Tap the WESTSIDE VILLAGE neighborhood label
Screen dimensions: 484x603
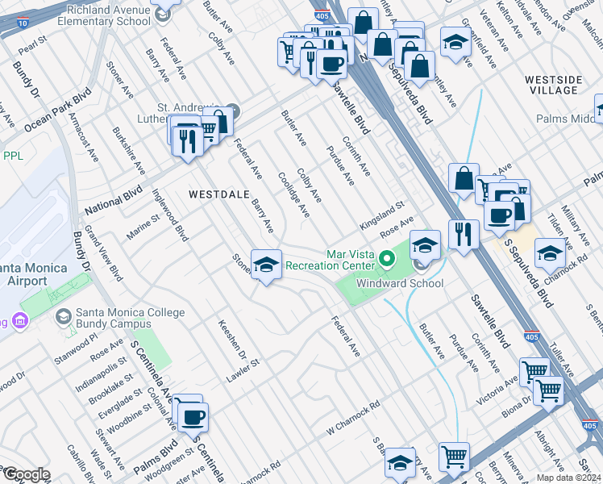553,86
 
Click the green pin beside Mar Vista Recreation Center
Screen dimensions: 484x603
387,259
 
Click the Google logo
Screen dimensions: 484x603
26,474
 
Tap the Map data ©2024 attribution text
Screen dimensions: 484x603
568,478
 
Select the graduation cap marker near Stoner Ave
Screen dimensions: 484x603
265,265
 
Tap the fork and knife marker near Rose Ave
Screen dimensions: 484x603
463,235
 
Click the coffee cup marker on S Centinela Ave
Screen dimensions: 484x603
193,417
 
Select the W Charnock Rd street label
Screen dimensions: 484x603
352,418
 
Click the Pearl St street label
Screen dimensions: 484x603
27,49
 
